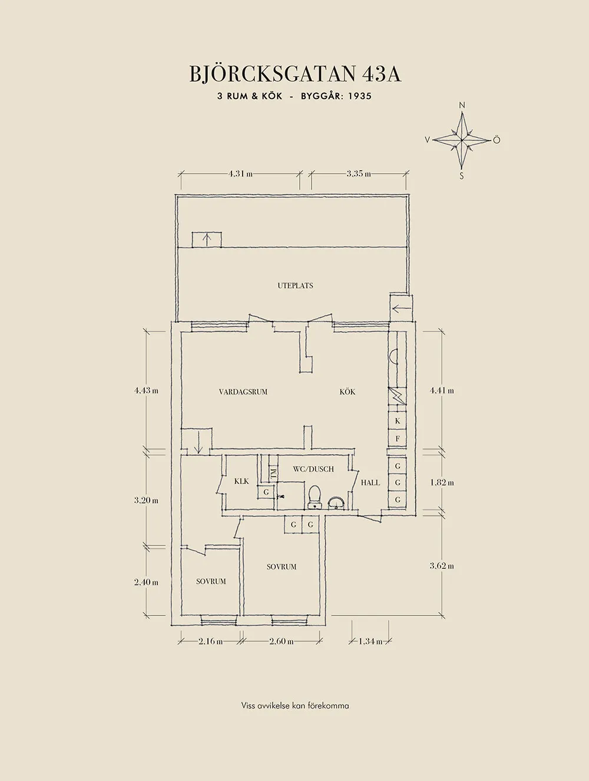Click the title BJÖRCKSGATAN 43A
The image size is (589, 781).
295,74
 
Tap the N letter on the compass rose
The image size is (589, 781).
462,105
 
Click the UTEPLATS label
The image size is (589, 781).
295,286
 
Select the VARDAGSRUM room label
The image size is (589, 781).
243,392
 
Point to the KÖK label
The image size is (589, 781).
347,392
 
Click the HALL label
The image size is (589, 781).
370,483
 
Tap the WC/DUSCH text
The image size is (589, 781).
313,469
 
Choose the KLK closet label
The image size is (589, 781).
241,482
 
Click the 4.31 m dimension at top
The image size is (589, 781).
240,174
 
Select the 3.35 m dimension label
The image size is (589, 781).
359,174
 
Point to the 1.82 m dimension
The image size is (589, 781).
442,483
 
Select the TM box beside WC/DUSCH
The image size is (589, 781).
273,474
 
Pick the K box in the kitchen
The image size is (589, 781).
398,421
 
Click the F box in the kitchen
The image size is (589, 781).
398,439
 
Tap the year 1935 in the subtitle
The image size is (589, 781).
360,96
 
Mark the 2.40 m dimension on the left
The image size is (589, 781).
146,583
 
